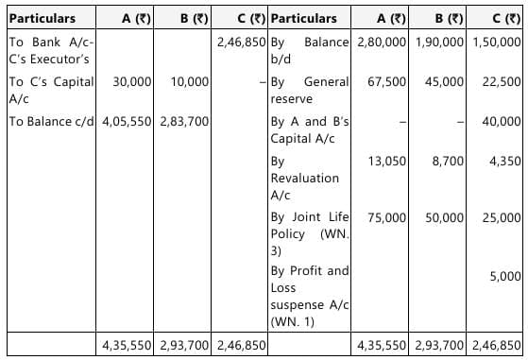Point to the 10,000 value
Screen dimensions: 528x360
191,82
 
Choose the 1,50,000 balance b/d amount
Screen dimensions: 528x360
497,43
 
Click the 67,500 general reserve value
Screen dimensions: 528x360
387,82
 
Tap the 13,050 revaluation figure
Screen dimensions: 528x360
387,162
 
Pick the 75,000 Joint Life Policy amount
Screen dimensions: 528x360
387,217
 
